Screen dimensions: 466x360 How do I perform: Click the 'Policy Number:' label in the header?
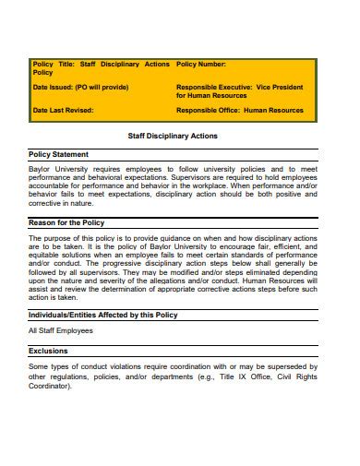pos(200,64)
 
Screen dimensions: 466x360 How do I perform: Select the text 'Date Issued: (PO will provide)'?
pos(77,87)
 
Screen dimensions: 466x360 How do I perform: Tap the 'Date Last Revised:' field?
pos(63,110)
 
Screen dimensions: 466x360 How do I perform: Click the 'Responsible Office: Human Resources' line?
pos(240,110)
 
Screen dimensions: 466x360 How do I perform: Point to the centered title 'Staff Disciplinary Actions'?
pos(173,135)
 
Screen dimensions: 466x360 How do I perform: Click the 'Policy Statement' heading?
pos(59,154)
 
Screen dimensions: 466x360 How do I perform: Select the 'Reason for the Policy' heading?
pos(66,222)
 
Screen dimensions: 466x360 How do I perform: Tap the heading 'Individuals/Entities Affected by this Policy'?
pos(103,315)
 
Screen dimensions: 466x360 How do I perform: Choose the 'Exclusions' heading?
pos(48,351)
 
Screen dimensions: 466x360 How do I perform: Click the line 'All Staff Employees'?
pos(61,330)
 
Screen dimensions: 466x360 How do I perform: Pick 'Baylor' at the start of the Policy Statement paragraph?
pos(42,170)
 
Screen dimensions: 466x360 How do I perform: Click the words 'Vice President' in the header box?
pos(279,87)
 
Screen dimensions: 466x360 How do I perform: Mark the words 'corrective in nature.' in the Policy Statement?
pos(63,201)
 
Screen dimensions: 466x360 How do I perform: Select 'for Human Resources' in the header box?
pos(210,94)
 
